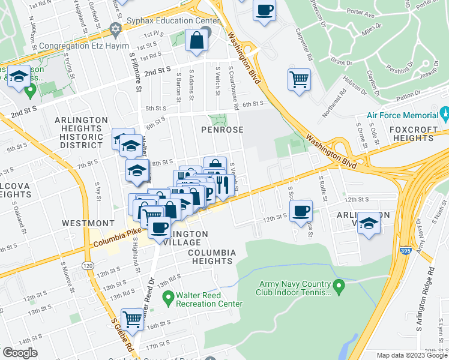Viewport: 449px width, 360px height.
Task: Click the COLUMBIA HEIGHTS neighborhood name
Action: click(x=210, y=257)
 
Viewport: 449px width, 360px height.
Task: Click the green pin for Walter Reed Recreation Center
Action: click(x=169, y=296)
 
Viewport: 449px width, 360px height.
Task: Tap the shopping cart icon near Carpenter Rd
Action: click(x=299, y=79)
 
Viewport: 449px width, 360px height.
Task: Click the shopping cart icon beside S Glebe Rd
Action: click(x=133, y=319)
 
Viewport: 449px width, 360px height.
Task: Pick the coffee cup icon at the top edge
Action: click(x=264, y=10)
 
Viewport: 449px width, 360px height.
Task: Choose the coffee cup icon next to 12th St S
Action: click(x=301, y=210)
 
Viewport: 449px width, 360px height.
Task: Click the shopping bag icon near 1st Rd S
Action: click(x=196, y=40)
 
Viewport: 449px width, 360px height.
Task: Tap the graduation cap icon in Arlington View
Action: click(x=369, y=223)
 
